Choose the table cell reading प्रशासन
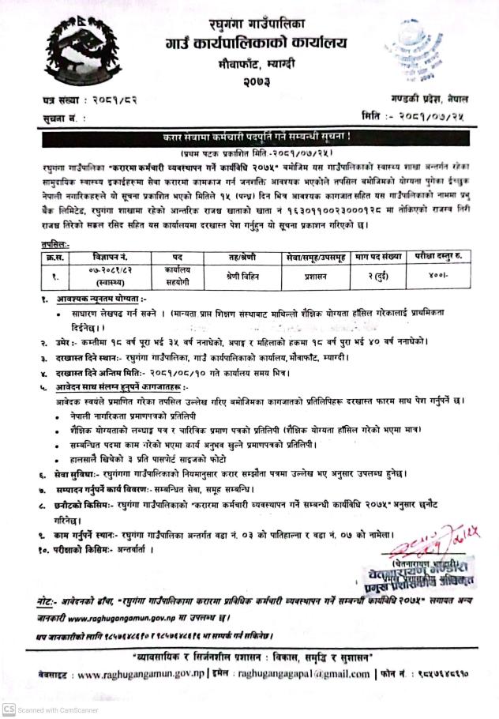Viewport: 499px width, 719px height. (317, 277)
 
